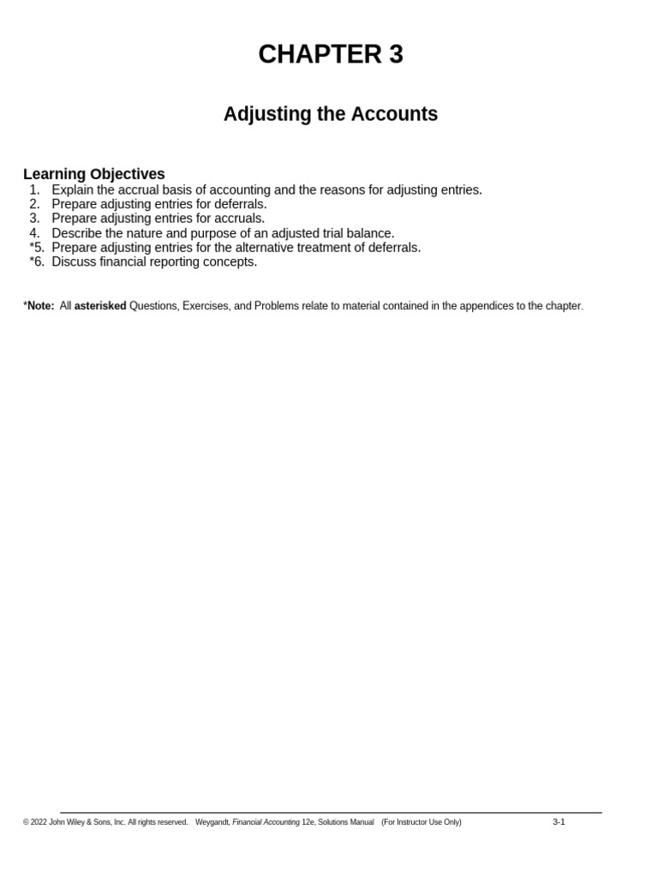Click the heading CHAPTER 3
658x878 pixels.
330,54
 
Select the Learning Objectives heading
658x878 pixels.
94,174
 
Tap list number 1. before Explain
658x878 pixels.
34,190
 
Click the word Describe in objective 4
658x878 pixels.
77,233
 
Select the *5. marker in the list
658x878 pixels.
35,248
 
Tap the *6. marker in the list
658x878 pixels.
35,262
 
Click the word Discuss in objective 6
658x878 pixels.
74,262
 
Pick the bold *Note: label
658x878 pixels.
39,306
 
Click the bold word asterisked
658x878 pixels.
100,306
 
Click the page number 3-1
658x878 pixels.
559,822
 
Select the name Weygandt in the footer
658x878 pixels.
212,822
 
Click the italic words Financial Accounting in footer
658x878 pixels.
266,822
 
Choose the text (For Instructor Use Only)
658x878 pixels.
422,822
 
